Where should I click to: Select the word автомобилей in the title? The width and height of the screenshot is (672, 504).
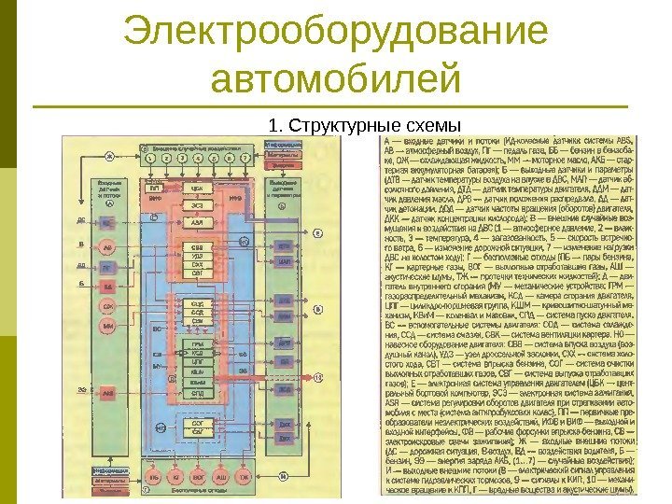click(336, 81)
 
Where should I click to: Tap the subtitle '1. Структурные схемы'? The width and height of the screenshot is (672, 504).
click(365, 125)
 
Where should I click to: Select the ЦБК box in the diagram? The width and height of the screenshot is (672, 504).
click(198, 188)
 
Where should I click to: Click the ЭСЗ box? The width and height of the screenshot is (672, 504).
click(198, 205)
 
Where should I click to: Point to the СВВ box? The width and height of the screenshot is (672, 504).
click(198, 246)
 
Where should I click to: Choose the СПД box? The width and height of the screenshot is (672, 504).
click(198, 396)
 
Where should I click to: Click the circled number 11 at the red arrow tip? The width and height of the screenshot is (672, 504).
click(317, 376)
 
